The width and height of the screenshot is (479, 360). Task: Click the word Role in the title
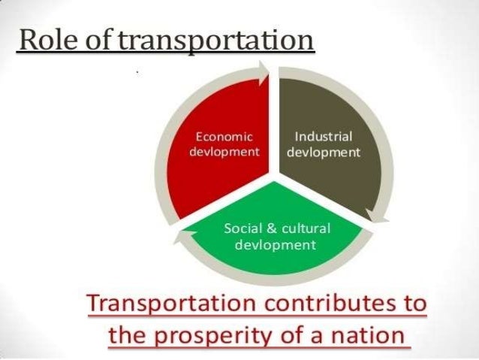[44, 40]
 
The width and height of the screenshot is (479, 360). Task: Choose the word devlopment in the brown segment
[324, 152]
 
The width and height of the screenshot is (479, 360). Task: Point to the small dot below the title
[137, 73]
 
